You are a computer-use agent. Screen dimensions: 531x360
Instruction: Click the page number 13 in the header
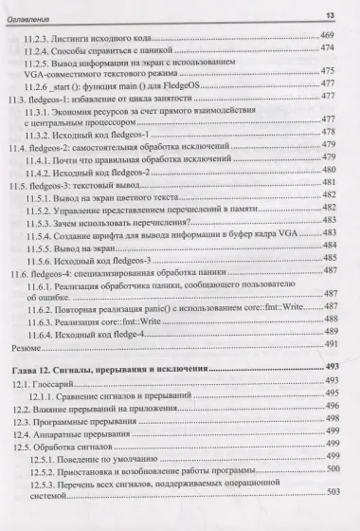(346, 13)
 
